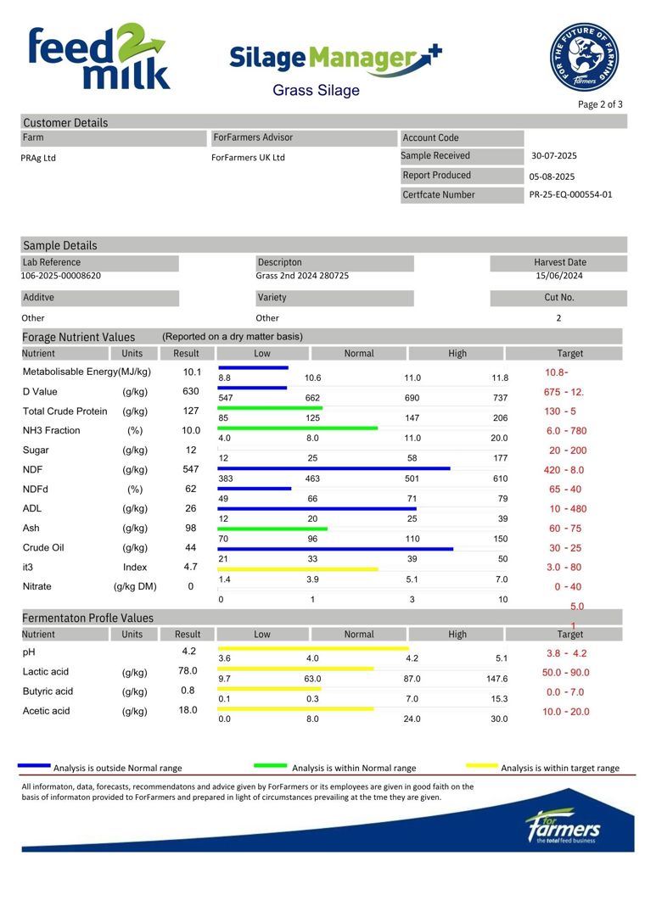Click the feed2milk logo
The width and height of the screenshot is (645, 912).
(x=99, y=57)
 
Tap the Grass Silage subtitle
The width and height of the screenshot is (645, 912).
(x=316, y=90)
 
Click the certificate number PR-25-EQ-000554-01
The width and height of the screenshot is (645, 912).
(x=570, y=194)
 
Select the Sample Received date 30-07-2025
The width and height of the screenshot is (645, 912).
(x=553, y=155)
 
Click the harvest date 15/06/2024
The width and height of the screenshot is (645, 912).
(x=559, y=275)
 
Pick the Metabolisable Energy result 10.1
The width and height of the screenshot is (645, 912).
(x=192, y=372)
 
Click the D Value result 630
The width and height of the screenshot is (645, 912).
(x=190, y=391)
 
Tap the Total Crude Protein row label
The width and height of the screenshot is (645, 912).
(x=64, y=411)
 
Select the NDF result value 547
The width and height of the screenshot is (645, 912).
(x=190, y=469)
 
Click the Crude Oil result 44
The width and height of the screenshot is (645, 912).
(x=190, y=547)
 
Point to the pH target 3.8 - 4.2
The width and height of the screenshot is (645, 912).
(x=566, y=653)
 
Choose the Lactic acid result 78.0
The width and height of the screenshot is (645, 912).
(x=188, y=671)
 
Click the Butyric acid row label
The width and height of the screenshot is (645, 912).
(x=48, y=691)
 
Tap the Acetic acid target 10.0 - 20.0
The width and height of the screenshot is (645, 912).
(x=565, y=712)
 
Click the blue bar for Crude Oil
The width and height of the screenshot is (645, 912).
(x=335, y=549)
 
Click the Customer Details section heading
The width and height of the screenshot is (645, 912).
(x=65, y=122)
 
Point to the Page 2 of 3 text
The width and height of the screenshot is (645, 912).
(x=600, y=104)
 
